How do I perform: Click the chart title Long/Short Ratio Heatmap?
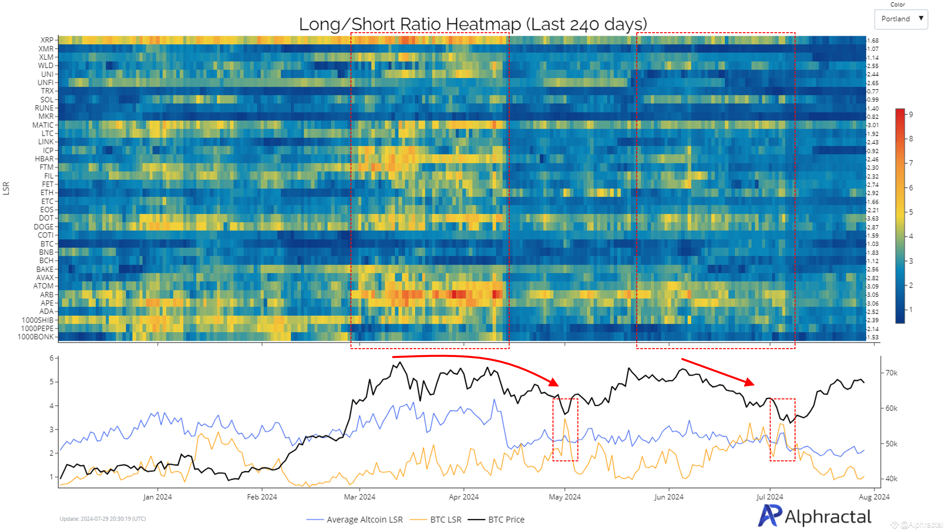pos(473,24)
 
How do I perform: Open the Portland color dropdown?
pos(901,19)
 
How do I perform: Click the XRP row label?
pos(47,40)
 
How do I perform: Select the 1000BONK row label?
pos(35,337)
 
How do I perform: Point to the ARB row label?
pos(47,295)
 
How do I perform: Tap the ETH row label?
pos(47,193)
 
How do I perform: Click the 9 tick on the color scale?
pos(911,115)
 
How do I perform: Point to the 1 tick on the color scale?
pos(911,309)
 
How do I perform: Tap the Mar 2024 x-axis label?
pos(360,497)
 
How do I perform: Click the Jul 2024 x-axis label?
pos(770,497)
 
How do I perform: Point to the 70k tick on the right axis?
pos(891,373)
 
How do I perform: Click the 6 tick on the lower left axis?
pos(52,358)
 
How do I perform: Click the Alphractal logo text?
pos(828,517)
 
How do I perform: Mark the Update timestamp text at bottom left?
pos(103,519)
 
